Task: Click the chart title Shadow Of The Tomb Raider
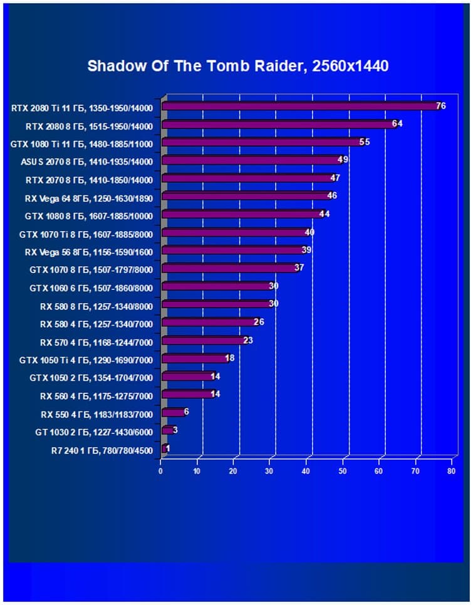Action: tap(237, 66)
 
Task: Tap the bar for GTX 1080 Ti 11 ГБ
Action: tap(261, 142)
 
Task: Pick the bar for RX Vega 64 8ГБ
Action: tap(245, 196)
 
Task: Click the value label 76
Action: tap(440, 106)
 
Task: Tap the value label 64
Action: tap(397, 123)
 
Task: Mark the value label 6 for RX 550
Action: tap(186, 411)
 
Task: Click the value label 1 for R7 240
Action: tap(168, 448)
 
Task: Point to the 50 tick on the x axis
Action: tap(343, 471)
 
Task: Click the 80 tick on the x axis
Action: tap(451, 471)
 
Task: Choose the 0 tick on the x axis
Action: tap(161, 471)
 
